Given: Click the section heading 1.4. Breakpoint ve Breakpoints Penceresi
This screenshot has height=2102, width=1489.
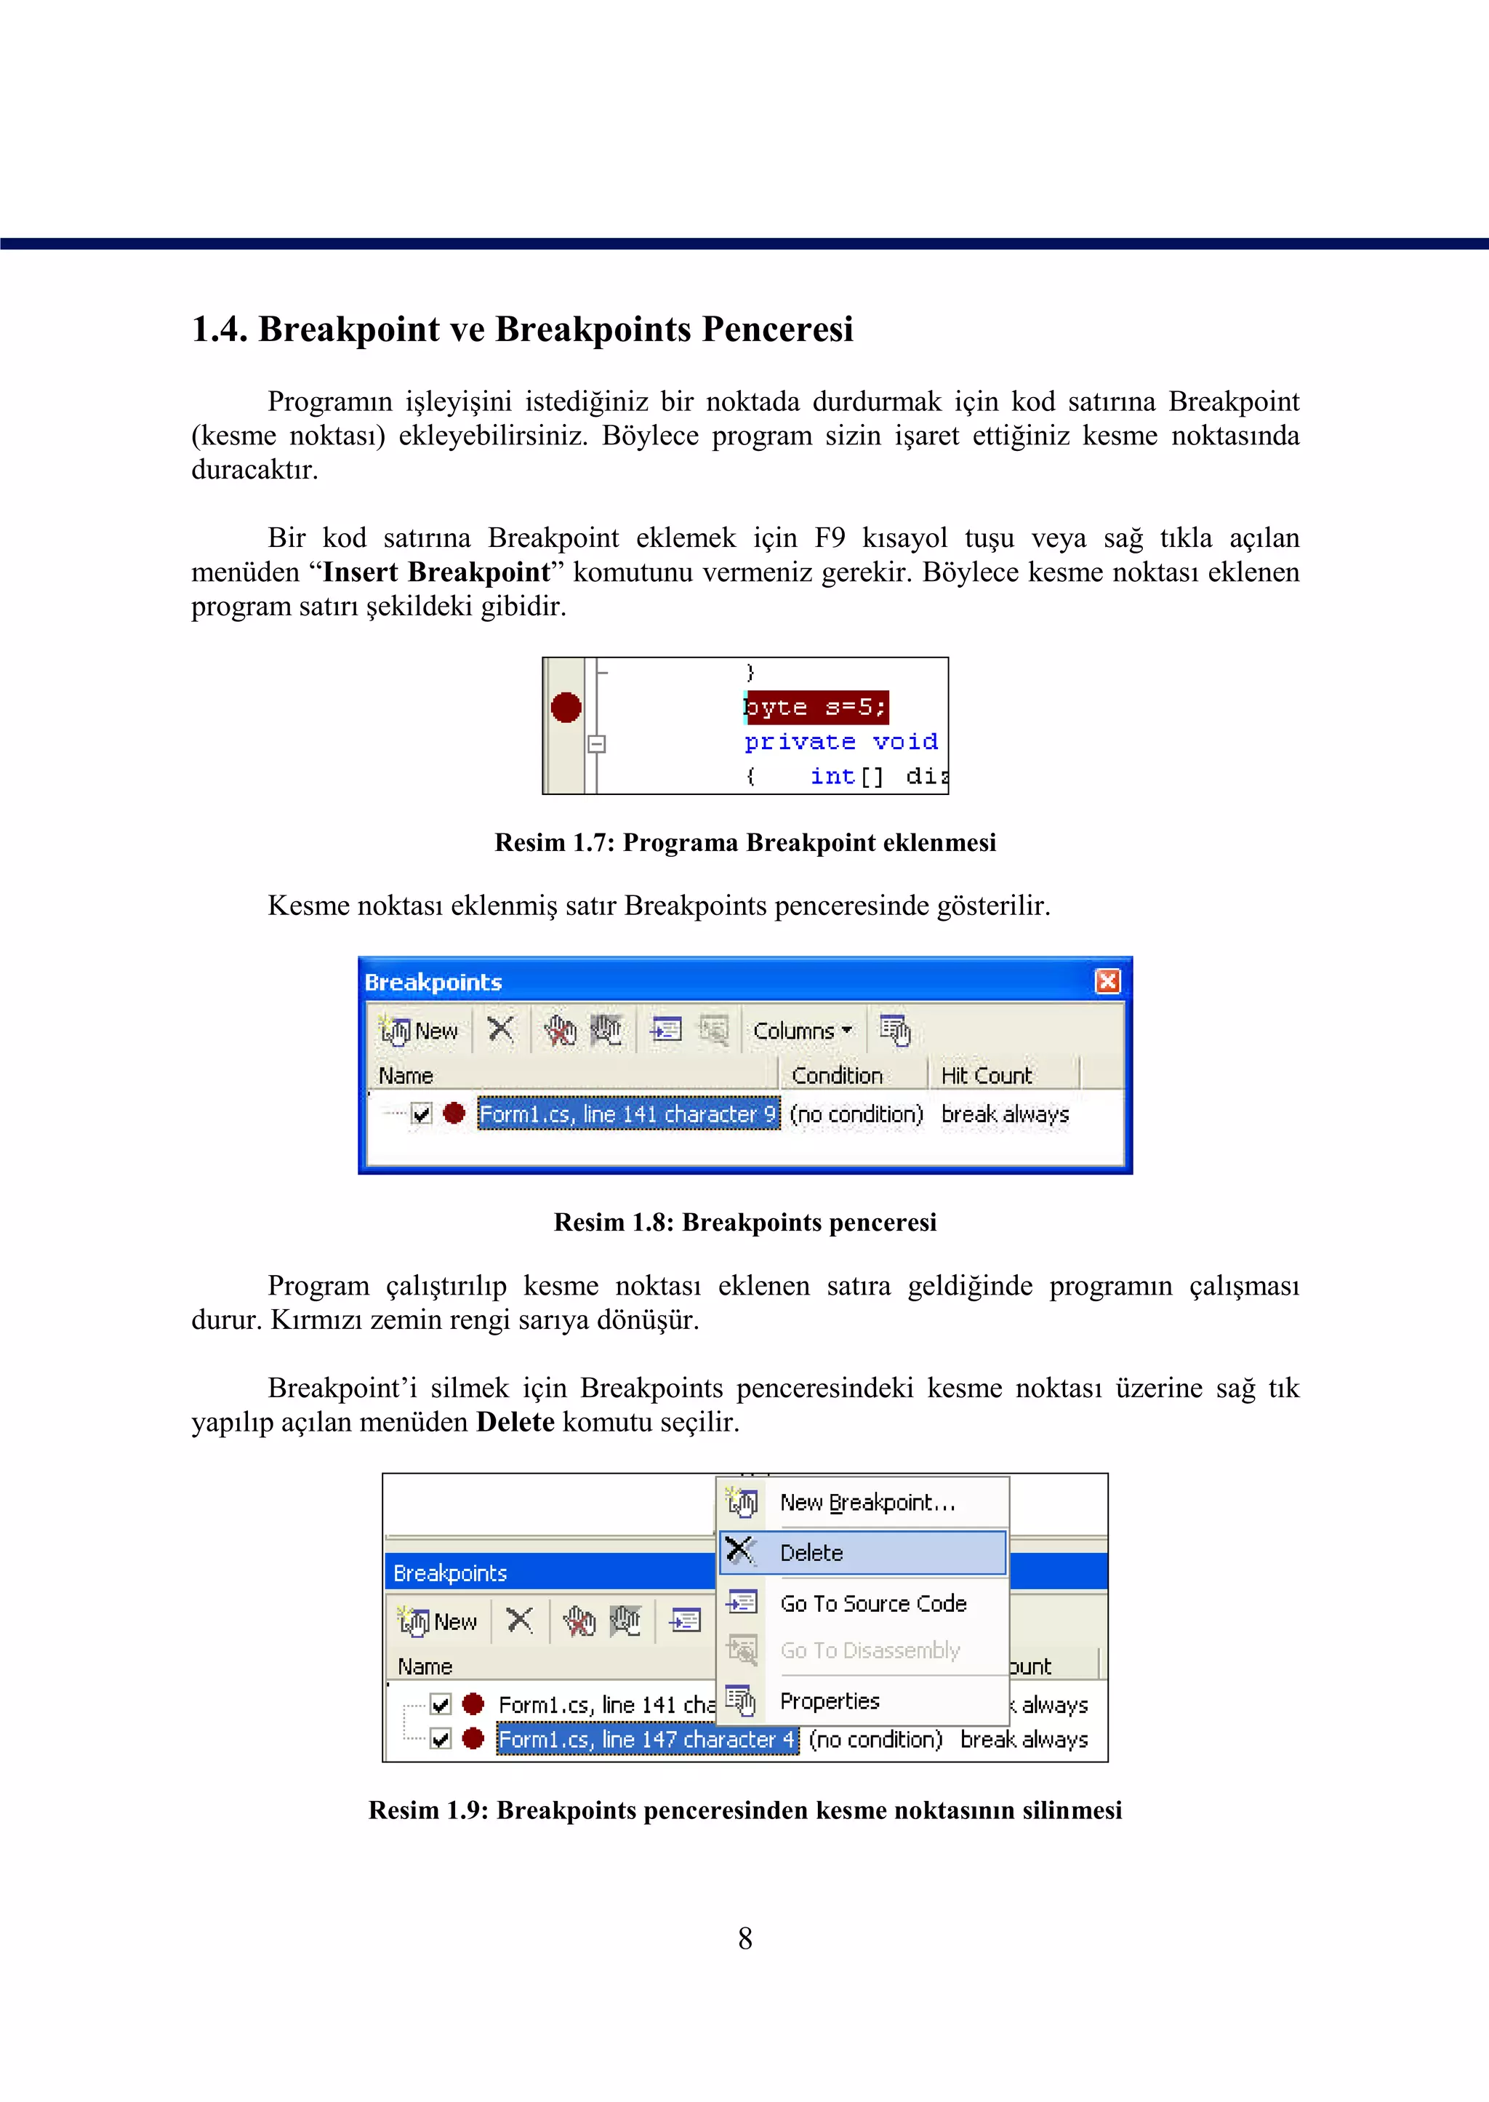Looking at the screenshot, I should coord(522,329).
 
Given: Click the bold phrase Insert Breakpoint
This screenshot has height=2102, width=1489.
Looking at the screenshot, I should coord(436,572).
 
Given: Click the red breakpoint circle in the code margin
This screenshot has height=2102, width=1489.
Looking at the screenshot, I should coord(566,707).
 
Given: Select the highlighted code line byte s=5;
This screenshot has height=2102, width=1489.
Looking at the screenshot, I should coord(815,707).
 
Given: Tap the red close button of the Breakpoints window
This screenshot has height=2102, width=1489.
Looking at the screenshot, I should coord(1107,981).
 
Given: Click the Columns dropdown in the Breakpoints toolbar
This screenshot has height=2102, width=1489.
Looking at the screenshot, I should coord(802,1031).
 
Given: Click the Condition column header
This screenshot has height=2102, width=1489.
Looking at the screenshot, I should coord(836,1075).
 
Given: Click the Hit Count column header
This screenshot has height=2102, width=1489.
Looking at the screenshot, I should coord(986,1075).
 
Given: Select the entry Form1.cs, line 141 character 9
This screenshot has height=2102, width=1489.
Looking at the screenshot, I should coord(628,1114).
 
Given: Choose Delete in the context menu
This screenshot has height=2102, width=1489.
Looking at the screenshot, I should coord(811,1553).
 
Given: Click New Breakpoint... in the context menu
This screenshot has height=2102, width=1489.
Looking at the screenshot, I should coord(867,1502).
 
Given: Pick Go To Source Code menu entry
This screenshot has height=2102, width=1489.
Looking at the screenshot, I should coord(873,1603).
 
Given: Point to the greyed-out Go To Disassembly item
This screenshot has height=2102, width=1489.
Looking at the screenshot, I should coord(870,1650).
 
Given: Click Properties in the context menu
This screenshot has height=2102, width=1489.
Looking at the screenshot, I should coord(829,1701).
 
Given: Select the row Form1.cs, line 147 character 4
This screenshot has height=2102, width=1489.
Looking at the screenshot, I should coord(646,1740).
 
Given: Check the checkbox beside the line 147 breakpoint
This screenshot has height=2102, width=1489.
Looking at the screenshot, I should coord(441,1739).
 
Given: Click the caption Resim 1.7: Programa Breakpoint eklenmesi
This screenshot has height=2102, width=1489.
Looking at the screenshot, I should coord(744,843).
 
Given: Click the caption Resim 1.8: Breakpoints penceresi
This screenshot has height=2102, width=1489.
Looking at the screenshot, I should coord(744,1223).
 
